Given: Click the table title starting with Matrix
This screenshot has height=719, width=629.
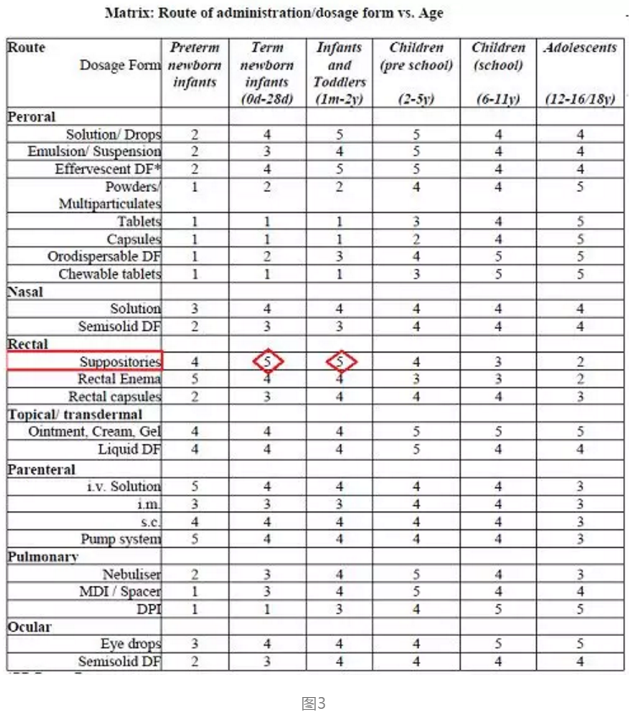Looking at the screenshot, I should (x=273, y=13).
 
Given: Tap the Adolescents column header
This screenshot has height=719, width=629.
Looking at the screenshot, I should (x=581, y=48).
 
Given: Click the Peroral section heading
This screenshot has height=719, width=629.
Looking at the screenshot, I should (x=32, y=117).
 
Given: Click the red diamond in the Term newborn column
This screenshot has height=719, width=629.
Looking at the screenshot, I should (x=268, y=361).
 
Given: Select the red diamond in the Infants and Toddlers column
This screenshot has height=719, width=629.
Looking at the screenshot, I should (x=340, y=361).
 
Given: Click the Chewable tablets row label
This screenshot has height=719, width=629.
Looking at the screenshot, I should (x=109, y=274).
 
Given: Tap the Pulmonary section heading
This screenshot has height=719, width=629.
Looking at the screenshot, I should (x=42, y=557).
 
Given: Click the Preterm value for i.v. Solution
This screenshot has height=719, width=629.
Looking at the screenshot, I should (x=194, y=486).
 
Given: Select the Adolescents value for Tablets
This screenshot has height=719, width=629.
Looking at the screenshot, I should (x=581, y=222).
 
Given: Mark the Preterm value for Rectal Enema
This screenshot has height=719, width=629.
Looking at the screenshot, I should (x=194, y=379).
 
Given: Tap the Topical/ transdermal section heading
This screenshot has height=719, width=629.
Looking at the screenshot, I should (x=75, y=414).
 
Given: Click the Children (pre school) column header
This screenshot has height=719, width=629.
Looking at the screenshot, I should (x=416, y=57).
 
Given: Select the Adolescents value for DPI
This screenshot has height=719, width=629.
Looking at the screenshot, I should (x=581, y=609).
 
